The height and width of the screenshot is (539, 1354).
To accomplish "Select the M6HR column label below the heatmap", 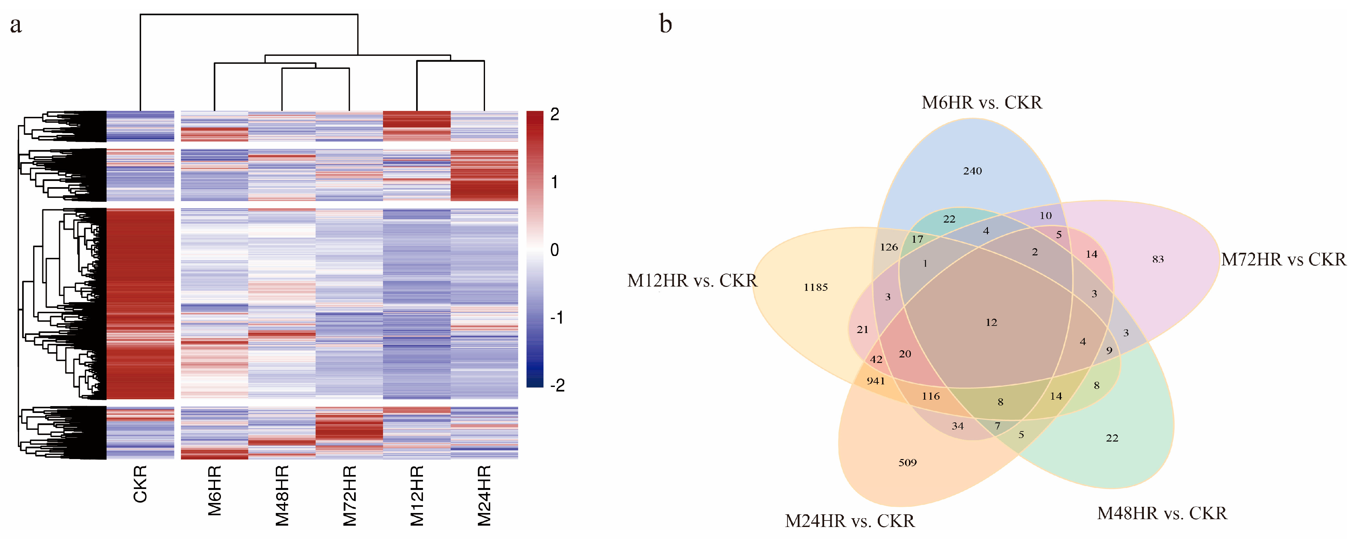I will [214, 490].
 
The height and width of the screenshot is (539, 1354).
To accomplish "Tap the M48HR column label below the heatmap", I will [282, 495].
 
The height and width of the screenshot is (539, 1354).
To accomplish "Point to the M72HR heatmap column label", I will [350, 495].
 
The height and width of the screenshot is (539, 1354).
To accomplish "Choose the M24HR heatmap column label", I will [484, 495].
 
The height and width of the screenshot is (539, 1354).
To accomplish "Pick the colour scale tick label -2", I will [557, 385].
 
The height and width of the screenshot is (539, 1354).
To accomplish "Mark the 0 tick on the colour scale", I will [555, 250].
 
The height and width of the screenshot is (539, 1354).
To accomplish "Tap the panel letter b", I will [665, 24].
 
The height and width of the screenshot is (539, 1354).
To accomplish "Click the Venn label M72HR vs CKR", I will [1283, 259].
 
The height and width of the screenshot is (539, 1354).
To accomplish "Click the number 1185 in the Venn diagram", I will [815, 287].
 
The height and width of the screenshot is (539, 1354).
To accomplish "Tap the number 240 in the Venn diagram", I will [972, 171].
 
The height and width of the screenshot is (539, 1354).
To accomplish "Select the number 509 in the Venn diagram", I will [907, 463].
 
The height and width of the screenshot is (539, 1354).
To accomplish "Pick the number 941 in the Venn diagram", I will [876, 381].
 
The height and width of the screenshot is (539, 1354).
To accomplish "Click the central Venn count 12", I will [991, 322].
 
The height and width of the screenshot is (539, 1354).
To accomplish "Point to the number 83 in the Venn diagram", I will [1157, 259].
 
